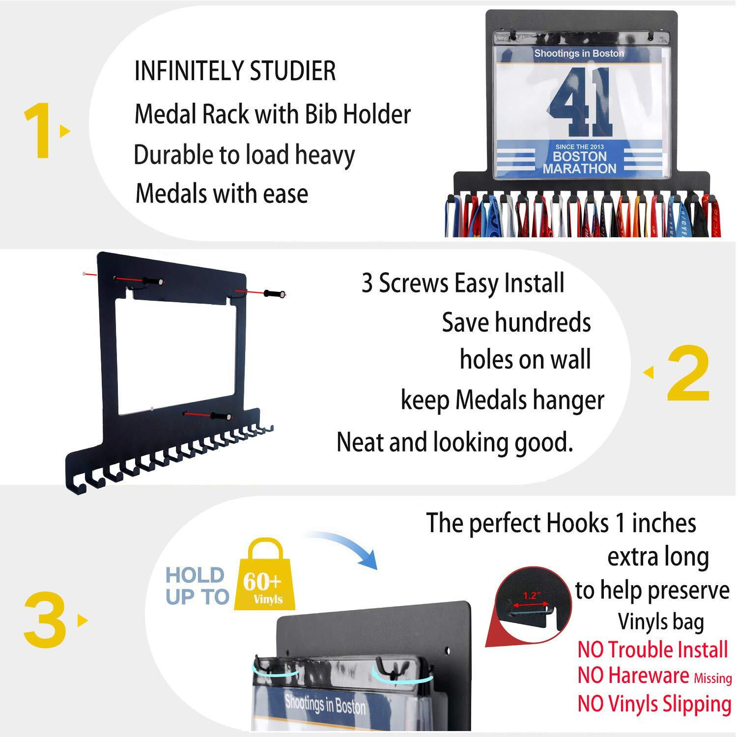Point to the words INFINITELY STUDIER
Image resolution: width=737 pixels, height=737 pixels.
pos(235,71)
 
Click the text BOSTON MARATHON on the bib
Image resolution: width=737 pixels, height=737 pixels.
pos(580,163)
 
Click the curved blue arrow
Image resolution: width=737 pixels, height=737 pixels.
pos(344,545)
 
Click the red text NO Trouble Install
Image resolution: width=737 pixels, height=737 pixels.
pos(652,650)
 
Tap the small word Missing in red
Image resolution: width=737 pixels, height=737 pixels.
pos(712,679)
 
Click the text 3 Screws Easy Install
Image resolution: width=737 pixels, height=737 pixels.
pos(463,283)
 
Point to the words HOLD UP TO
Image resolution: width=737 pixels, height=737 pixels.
pos(197,586)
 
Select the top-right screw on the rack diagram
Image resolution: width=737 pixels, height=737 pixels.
pos(273,294)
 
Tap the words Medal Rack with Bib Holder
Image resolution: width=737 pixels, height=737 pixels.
pos(272,114)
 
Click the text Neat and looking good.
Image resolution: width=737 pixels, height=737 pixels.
pos(454,442)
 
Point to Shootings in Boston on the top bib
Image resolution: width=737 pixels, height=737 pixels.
pos(579,54)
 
